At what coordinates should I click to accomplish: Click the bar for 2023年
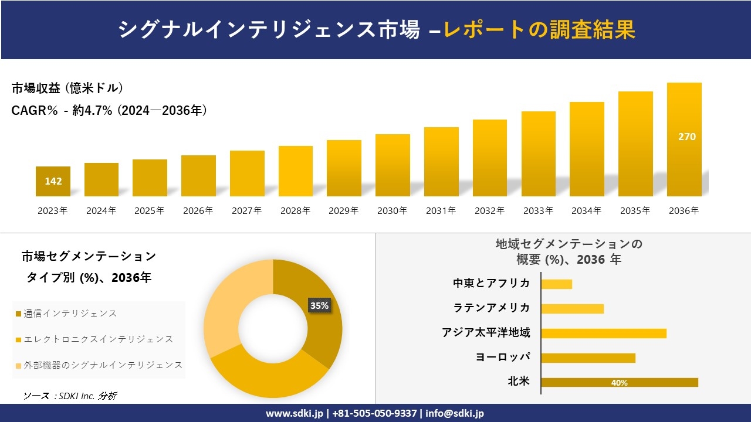[53, 182]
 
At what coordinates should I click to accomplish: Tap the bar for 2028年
[295, 171]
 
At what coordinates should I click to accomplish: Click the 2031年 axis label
[441, 211]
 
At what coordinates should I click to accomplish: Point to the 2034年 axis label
[586, 211]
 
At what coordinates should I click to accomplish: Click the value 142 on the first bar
[53, 181]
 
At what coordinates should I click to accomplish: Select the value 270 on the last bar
[686, 137]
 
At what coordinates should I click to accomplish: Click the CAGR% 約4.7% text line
[109, 110]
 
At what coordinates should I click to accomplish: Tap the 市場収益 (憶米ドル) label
[67, 89]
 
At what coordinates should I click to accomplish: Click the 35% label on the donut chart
[319, 305]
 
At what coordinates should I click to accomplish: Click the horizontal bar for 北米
[619, 382]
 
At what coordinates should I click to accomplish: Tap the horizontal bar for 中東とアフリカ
[556, 284]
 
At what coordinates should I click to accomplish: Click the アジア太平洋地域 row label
[486, 333]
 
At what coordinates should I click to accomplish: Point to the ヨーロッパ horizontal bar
[588, 358]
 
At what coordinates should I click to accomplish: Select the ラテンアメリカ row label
[492, 308]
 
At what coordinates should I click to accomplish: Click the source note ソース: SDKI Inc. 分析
[70, 396]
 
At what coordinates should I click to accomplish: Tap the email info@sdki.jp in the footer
[455, 413]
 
